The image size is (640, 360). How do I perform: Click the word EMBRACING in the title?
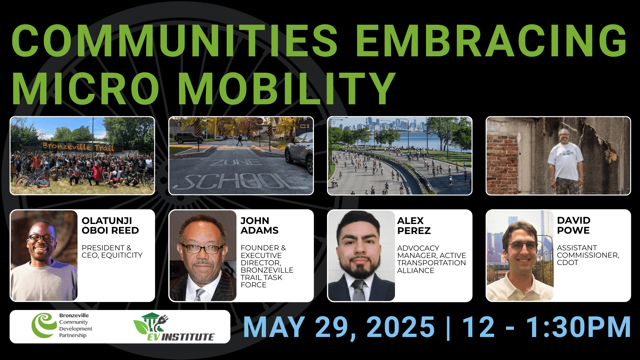[x=492, y=40]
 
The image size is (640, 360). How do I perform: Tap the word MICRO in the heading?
[x=86, y=88]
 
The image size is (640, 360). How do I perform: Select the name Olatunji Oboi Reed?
[x=110, y=225]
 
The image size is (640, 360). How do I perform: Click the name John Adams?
[x=259, y=225]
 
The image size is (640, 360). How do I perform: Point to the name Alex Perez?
[x=414, y=226]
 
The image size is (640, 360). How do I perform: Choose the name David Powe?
[x=573, y=225]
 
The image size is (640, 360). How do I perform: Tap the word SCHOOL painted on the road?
[x=241, y=182]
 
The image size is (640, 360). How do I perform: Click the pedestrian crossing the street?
[x=239, y=140]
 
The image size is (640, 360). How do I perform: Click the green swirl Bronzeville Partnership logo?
[x=44, y=325]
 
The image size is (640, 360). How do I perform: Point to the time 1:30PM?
[x=578, y=327]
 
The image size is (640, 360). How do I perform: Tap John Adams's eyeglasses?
[x=202, y=248]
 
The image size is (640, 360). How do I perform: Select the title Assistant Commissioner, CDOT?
[x=588, y=255]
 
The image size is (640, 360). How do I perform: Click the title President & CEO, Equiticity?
[x=112, y=251]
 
